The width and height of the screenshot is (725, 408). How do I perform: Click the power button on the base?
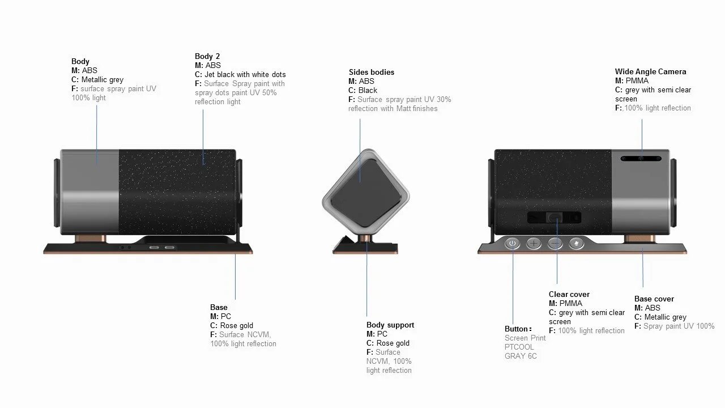pos(512,244)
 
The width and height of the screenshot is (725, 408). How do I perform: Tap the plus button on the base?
pos(534,244)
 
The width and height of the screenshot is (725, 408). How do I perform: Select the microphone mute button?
pos(577,244)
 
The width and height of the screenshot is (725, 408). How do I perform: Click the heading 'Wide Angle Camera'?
pos(650,71)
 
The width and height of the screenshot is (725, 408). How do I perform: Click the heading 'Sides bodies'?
pos(372,72)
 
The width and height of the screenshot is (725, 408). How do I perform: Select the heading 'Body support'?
pos(390,325)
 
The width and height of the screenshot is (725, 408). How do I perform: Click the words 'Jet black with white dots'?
pos(245,74)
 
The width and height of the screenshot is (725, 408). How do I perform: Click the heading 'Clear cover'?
pos(569,294)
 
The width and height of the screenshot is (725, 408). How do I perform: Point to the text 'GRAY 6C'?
pos(521,356)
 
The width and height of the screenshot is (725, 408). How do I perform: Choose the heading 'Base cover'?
pos(654,299)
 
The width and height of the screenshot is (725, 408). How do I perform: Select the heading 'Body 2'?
pos(207,56)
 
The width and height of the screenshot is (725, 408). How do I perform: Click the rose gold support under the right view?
pos(638,239)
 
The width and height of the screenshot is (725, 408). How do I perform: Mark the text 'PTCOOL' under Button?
pos(519,347)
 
